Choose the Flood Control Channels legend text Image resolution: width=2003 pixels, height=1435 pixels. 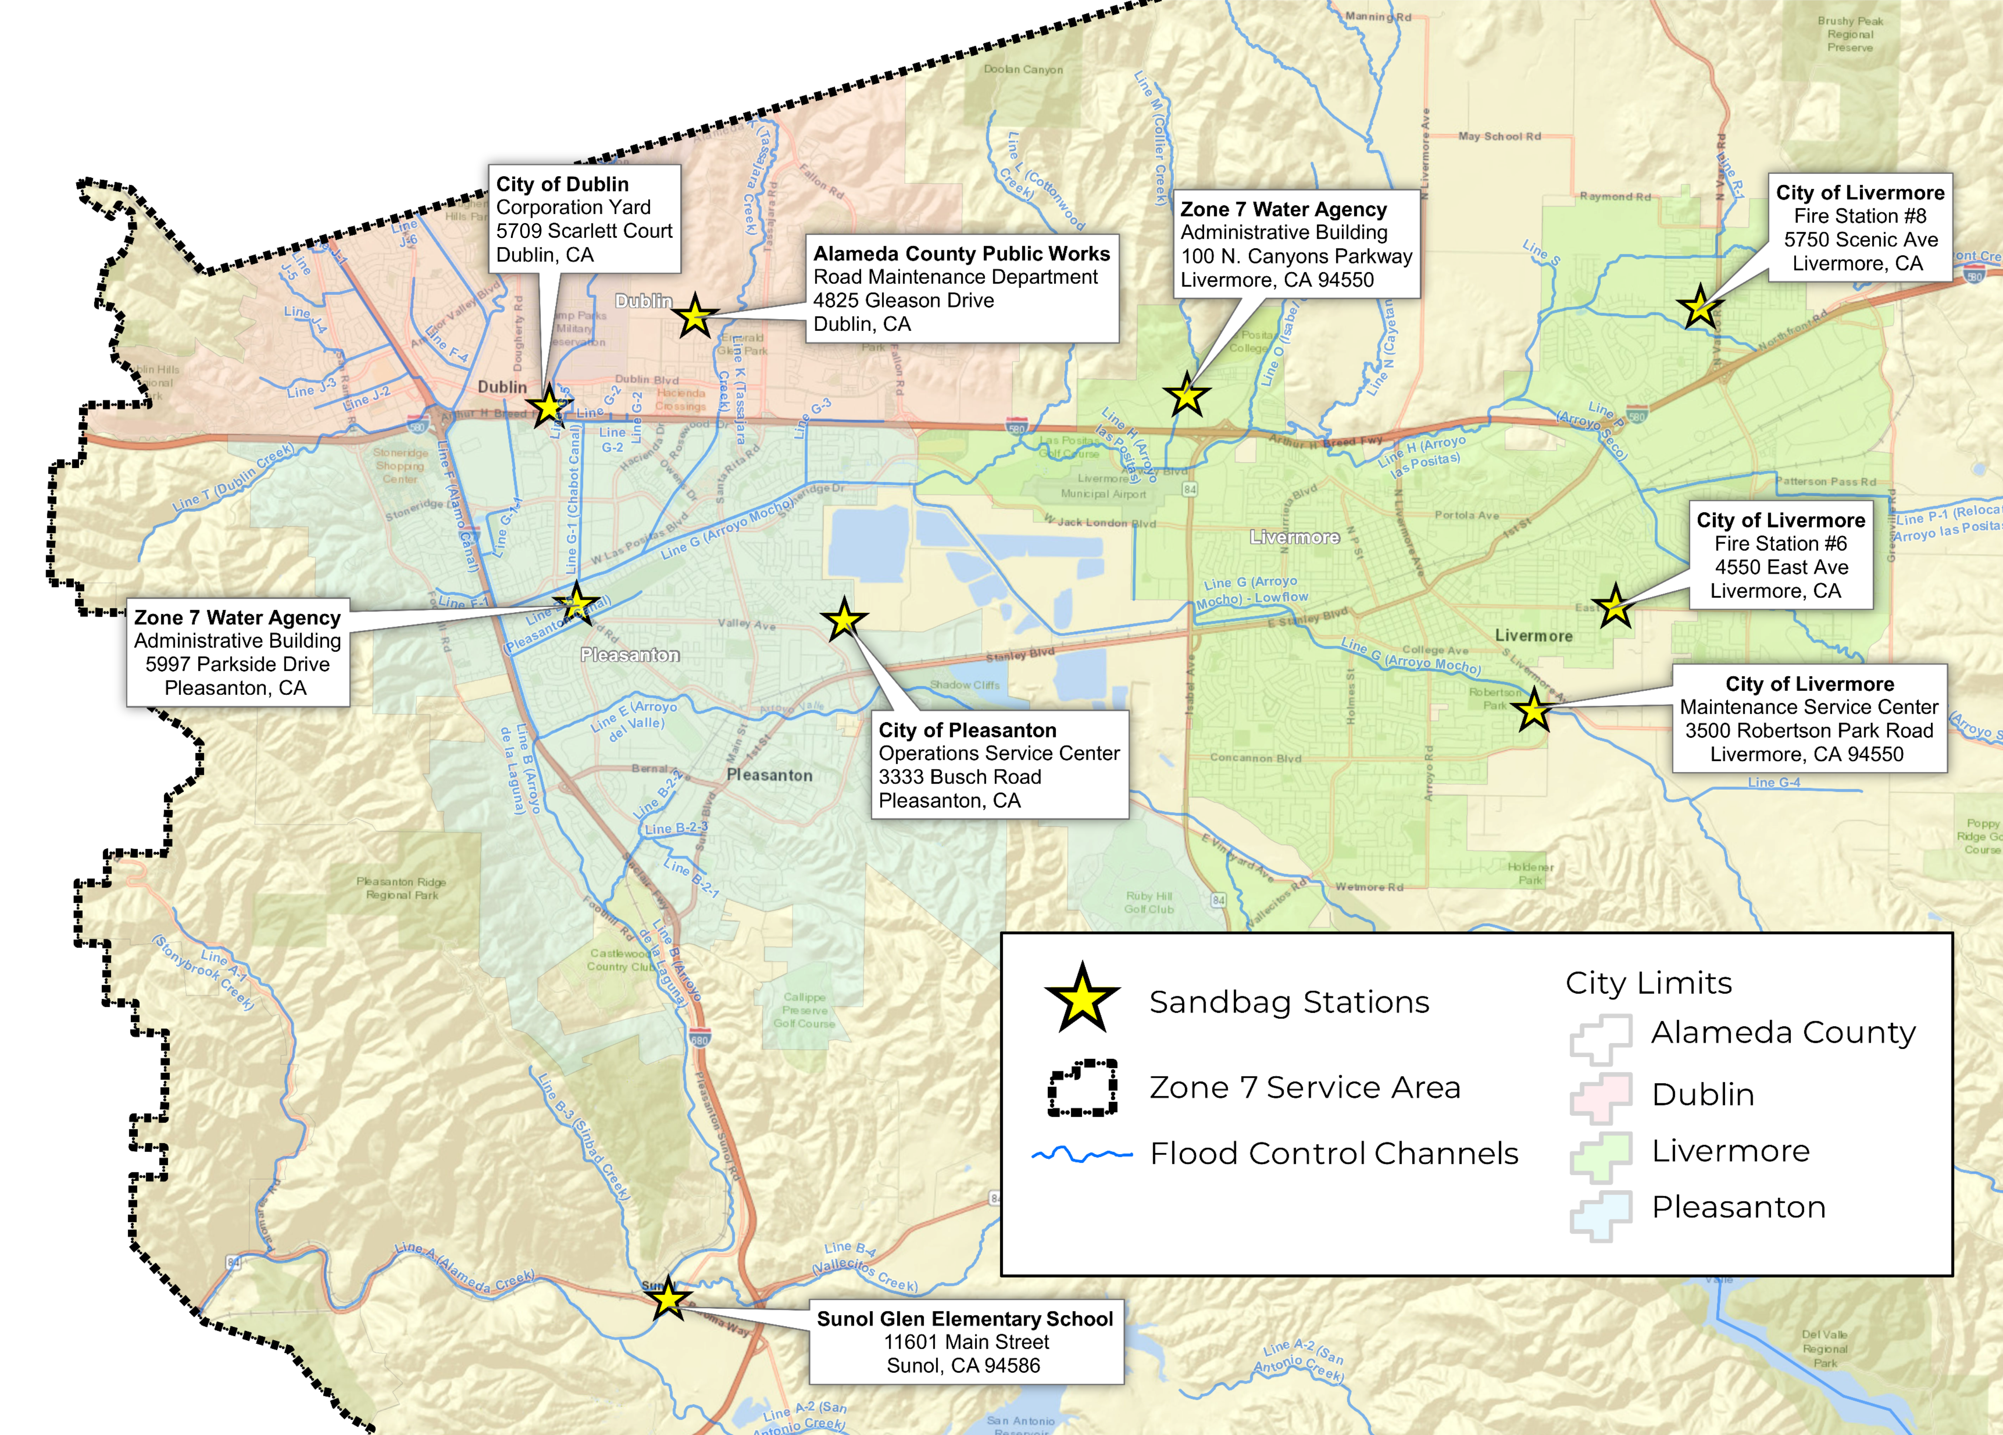(1334, 1153)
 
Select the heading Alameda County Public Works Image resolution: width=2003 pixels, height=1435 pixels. (961, 254)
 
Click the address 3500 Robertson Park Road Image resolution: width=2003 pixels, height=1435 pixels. (1809, 730)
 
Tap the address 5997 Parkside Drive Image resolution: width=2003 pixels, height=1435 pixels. (237, 664)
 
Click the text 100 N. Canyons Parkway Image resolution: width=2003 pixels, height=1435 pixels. (1295, 256)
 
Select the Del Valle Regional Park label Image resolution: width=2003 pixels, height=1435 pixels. (1825, 1348)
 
